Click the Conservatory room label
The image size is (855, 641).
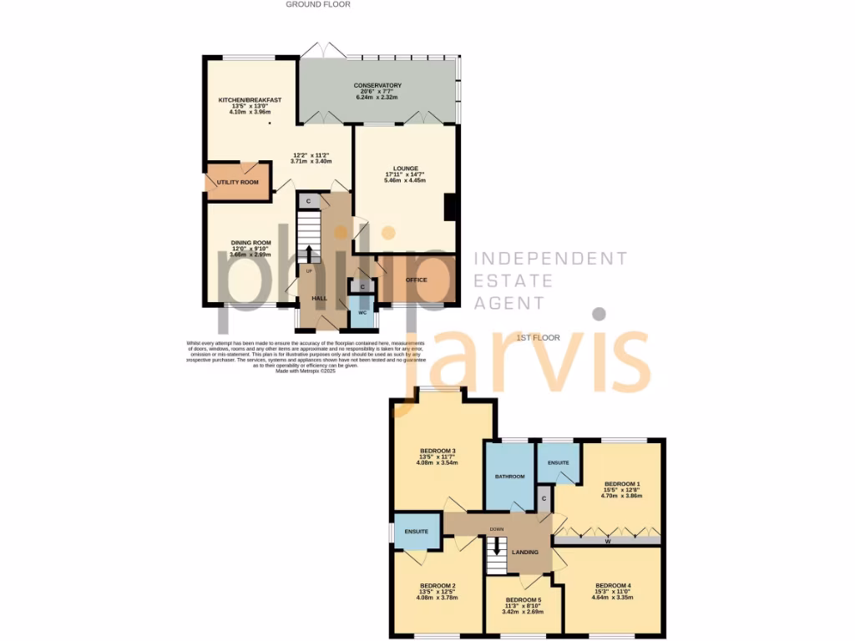(377, 85)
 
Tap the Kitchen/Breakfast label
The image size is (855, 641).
(250, 100)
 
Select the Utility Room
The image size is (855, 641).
(238, 181)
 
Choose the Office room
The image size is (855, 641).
(416, 280)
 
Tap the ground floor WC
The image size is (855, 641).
(362, 313)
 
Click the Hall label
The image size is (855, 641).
(320, 298)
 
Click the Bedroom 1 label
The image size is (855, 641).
(622, 484)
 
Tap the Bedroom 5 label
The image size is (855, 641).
(524, 600)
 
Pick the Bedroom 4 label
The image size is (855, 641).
(613, 585)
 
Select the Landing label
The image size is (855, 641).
(525, 552)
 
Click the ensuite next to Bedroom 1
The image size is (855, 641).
(558, 462)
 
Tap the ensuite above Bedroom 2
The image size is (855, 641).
(417, 531)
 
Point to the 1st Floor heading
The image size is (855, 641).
(537, 338)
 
